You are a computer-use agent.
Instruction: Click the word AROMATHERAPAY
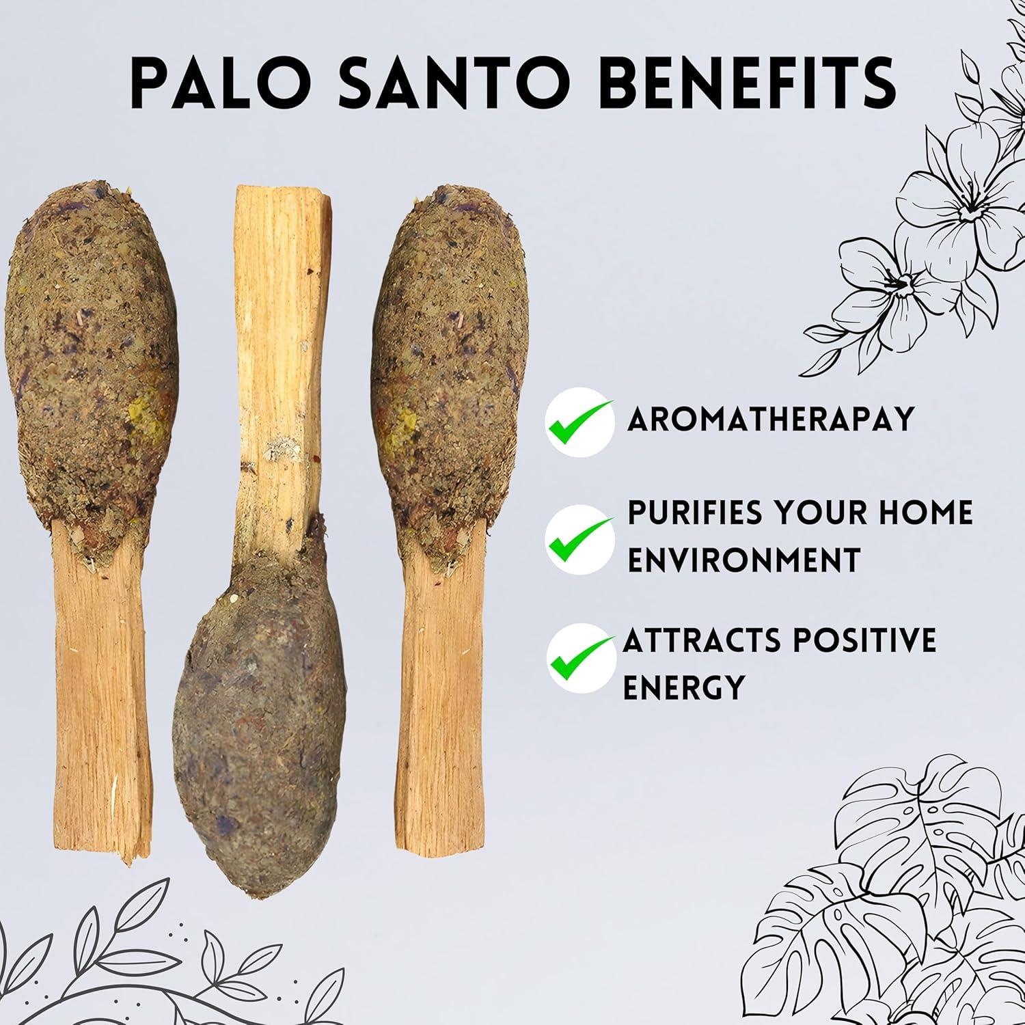tap(770, 418)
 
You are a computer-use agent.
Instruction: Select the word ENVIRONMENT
tap(743, 560)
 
